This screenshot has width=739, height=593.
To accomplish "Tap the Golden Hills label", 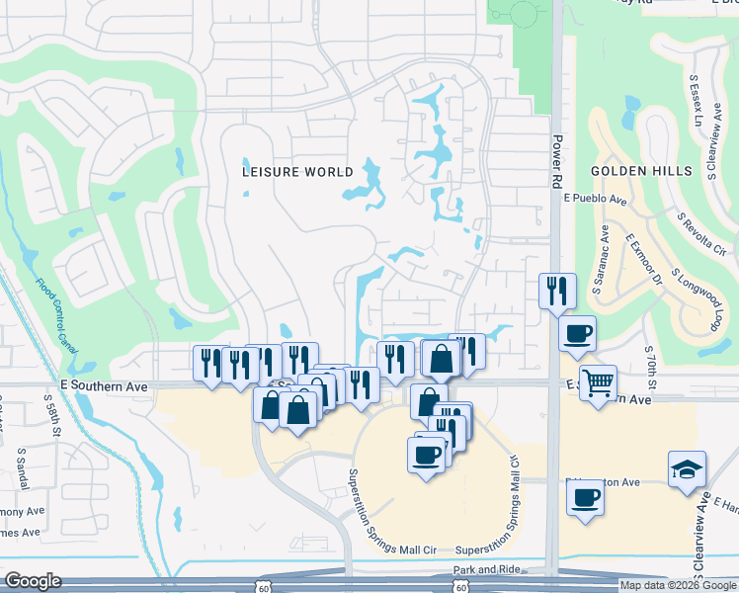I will [642, 171].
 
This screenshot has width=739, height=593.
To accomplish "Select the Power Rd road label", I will [556, 162].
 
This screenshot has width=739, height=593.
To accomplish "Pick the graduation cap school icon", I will [687, 470].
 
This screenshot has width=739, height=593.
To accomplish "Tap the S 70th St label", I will [649, 365].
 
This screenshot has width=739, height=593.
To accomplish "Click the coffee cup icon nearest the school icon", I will [585, 496].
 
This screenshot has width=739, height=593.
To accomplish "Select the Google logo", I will [33, 581].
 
